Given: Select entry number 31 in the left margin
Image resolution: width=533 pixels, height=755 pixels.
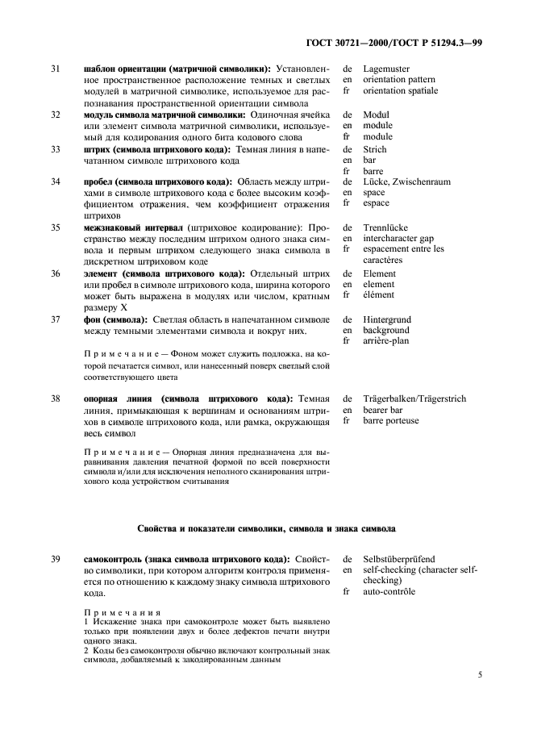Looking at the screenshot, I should click(x=56, y=69).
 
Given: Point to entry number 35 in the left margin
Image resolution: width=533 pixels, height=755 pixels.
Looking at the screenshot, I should click(x=56, y=228).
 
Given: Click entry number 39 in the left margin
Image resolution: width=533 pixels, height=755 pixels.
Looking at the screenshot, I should click(x=56, y=557).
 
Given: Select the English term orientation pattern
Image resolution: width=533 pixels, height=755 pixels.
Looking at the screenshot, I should click(x=399, y=80).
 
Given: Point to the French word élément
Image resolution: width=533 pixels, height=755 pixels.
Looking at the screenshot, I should click(x=379, y=295).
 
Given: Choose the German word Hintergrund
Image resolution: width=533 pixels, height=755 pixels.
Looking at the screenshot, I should click(x=387, y=319).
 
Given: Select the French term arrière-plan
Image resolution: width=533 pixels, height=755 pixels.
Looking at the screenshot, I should click(x=386, y=340).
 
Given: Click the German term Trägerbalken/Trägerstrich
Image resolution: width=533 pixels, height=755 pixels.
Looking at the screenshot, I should click(x=414, y=398).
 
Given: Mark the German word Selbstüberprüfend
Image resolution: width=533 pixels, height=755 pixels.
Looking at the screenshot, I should click(x=399, y=557).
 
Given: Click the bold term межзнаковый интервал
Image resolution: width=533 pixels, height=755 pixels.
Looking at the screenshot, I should click(x=134, y=228).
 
